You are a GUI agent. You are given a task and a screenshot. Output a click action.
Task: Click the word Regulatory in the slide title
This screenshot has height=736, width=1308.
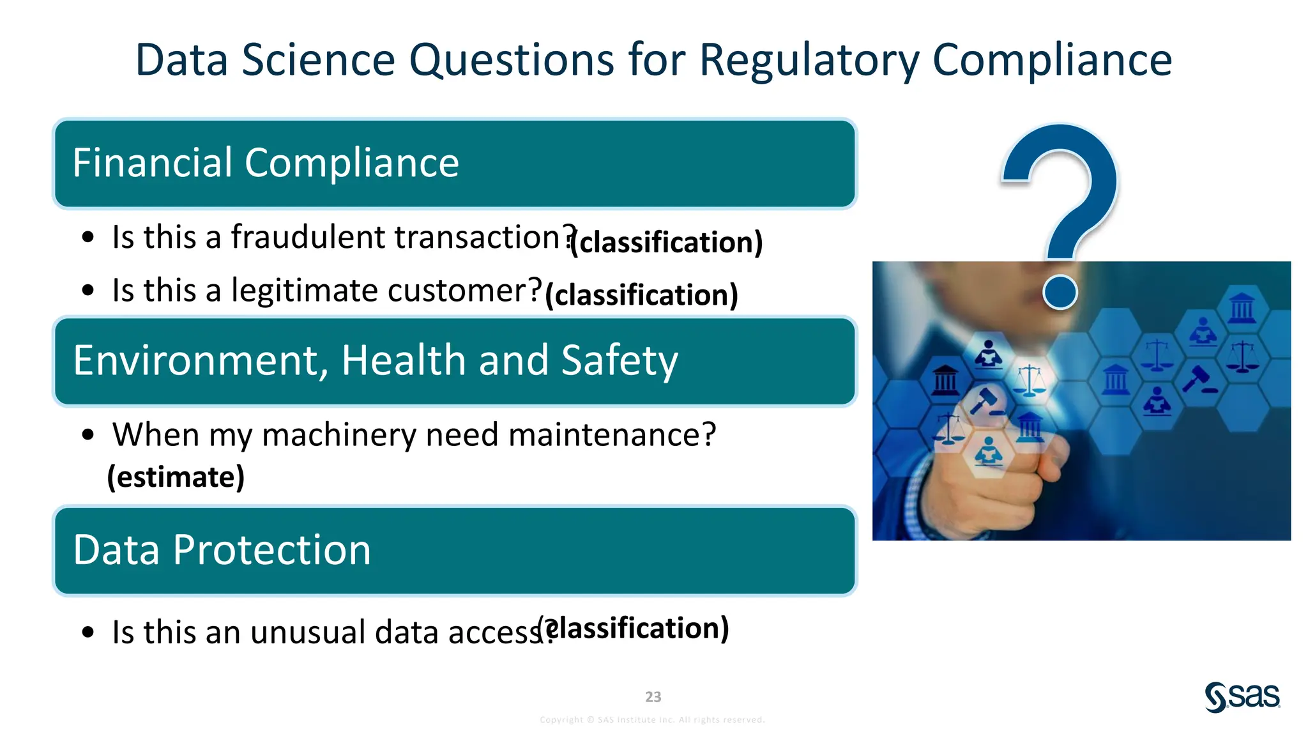click(x=809, y=60)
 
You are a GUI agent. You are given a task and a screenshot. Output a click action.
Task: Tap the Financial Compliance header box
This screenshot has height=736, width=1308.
click(x=454, y=164)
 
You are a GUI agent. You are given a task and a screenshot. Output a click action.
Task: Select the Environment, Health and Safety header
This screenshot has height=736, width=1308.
click(x=454, y=361)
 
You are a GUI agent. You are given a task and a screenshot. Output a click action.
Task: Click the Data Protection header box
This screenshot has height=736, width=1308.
click(x=454, y=551)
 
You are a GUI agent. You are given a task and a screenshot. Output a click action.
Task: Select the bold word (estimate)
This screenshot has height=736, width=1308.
click(x=176, y=477)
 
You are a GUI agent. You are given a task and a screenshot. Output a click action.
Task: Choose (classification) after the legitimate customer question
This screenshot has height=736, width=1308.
click(x=642, y=295)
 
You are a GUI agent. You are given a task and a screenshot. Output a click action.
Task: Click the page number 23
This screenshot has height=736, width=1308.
click(x=653, y=697)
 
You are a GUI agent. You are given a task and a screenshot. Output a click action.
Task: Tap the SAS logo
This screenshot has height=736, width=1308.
click(x=1242, y=696)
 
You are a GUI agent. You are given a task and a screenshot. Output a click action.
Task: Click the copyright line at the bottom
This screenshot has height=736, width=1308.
click(x=652, y=720)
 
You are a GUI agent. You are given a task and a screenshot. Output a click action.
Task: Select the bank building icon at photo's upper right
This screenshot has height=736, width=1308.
click(x=1242, y=308)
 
